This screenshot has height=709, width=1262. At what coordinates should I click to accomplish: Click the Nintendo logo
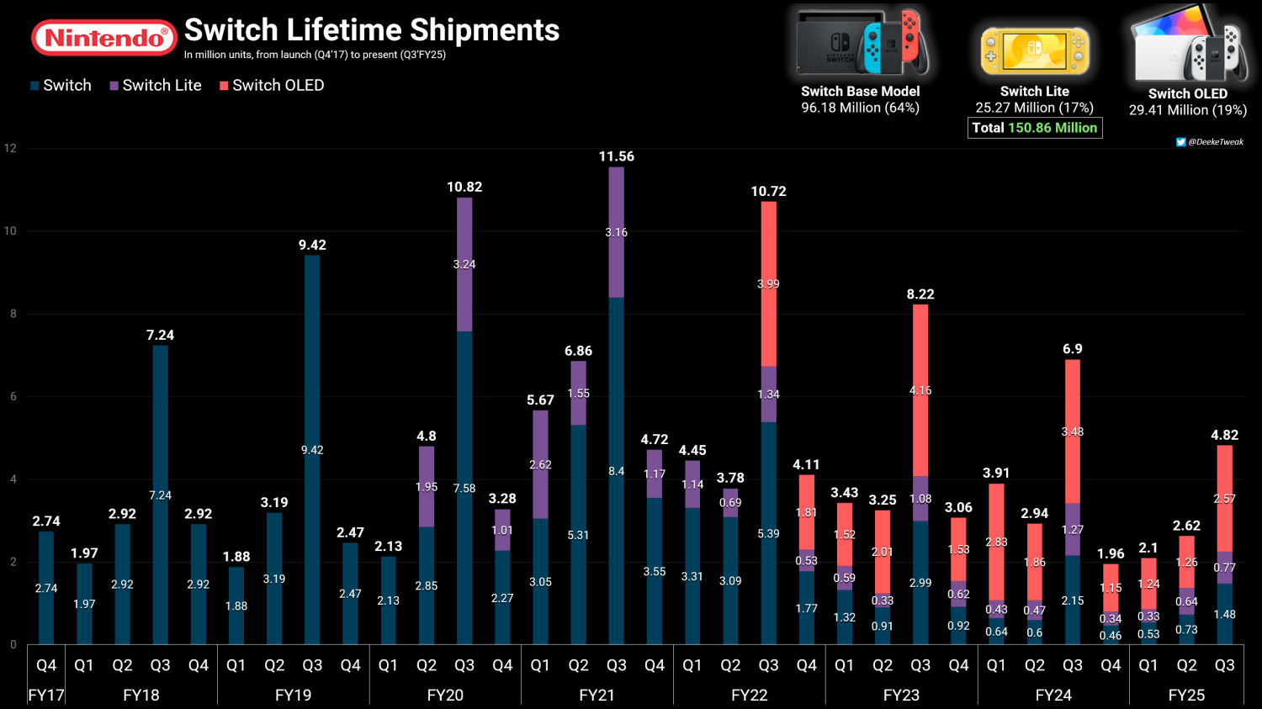[x=104, y=38]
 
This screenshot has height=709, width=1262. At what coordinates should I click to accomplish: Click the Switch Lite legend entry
[x=156, y=86]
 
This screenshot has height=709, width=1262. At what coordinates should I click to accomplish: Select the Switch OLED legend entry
[x=272, y=86]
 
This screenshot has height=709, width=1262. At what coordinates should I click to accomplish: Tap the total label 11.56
[x=617, y=156]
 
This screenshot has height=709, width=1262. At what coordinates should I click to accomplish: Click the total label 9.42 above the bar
[x=312, y=245]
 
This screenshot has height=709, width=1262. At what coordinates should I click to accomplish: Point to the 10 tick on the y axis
[x=10, y=231]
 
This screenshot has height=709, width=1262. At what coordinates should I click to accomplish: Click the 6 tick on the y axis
[x=13, y=396]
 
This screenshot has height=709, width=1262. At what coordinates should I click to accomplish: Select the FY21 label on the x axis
[x=597, y=695]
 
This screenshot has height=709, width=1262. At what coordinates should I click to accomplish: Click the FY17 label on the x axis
[x=46, y=695]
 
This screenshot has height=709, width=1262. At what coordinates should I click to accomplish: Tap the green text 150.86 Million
[x=1053, y=128]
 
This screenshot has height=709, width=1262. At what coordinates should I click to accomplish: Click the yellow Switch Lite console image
[x=1034, y=51]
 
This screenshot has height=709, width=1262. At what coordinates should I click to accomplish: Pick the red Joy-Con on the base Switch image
[x=909, y=36]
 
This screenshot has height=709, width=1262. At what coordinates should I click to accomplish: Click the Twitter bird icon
[x=1180, y=142]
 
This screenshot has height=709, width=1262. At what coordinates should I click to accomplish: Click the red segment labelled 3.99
[x=768, y=283]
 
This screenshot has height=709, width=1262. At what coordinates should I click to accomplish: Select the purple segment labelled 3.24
[x=464, y=265]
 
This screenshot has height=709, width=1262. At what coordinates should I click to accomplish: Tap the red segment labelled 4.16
[x=920, y=390]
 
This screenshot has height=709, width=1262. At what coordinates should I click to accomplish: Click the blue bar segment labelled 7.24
[x=160, y=495]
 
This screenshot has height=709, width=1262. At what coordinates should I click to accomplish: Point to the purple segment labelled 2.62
[x=540, y=464]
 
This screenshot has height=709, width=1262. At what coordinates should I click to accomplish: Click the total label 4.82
[x=1225, y=436]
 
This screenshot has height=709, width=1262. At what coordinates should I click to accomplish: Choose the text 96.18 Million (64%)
[x=861, y=108]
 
